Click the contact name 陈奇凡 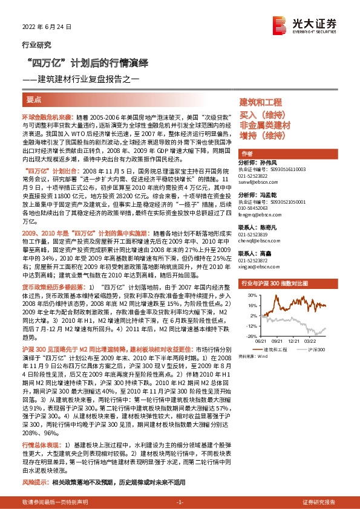tap(269, 225)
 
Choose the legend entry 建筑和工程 tap(276, 349)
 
